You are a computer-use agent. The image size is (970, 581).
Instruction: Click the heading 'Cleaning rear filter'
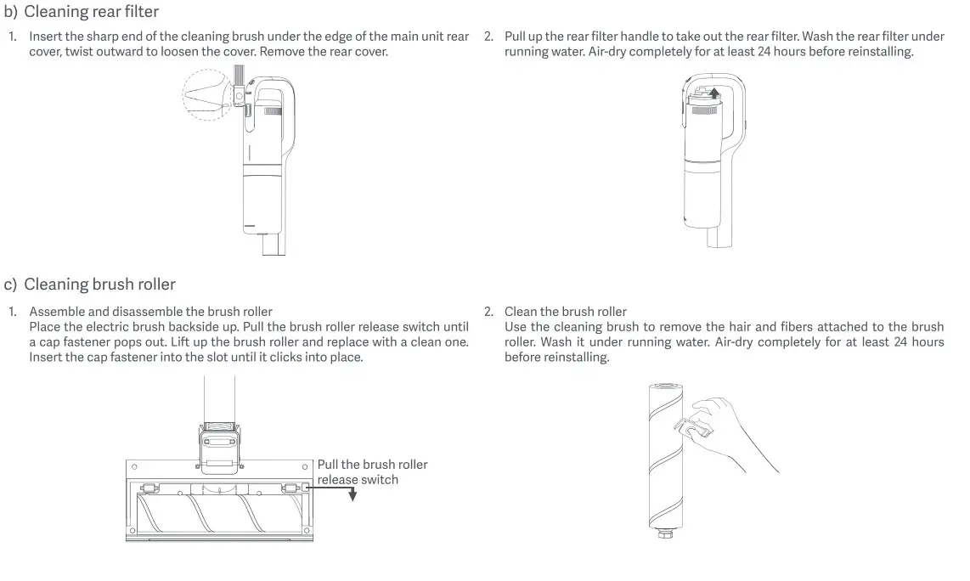91,12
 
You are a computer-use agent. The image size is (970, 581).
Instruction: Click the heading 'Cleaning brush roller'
99,284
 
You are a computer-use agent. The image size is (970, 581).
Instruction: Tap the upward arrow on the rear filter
714,93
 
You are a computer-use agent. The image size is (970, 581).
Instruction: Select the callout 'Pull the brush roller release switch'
372,471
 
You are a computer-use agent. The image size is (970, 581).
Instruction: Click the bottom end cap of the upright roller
664,533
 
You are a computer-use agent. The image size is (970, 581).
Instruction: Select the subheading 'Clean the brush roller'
565,312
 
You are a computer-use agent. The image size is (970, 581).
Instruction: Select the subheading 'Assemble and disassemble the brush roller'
150,312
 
